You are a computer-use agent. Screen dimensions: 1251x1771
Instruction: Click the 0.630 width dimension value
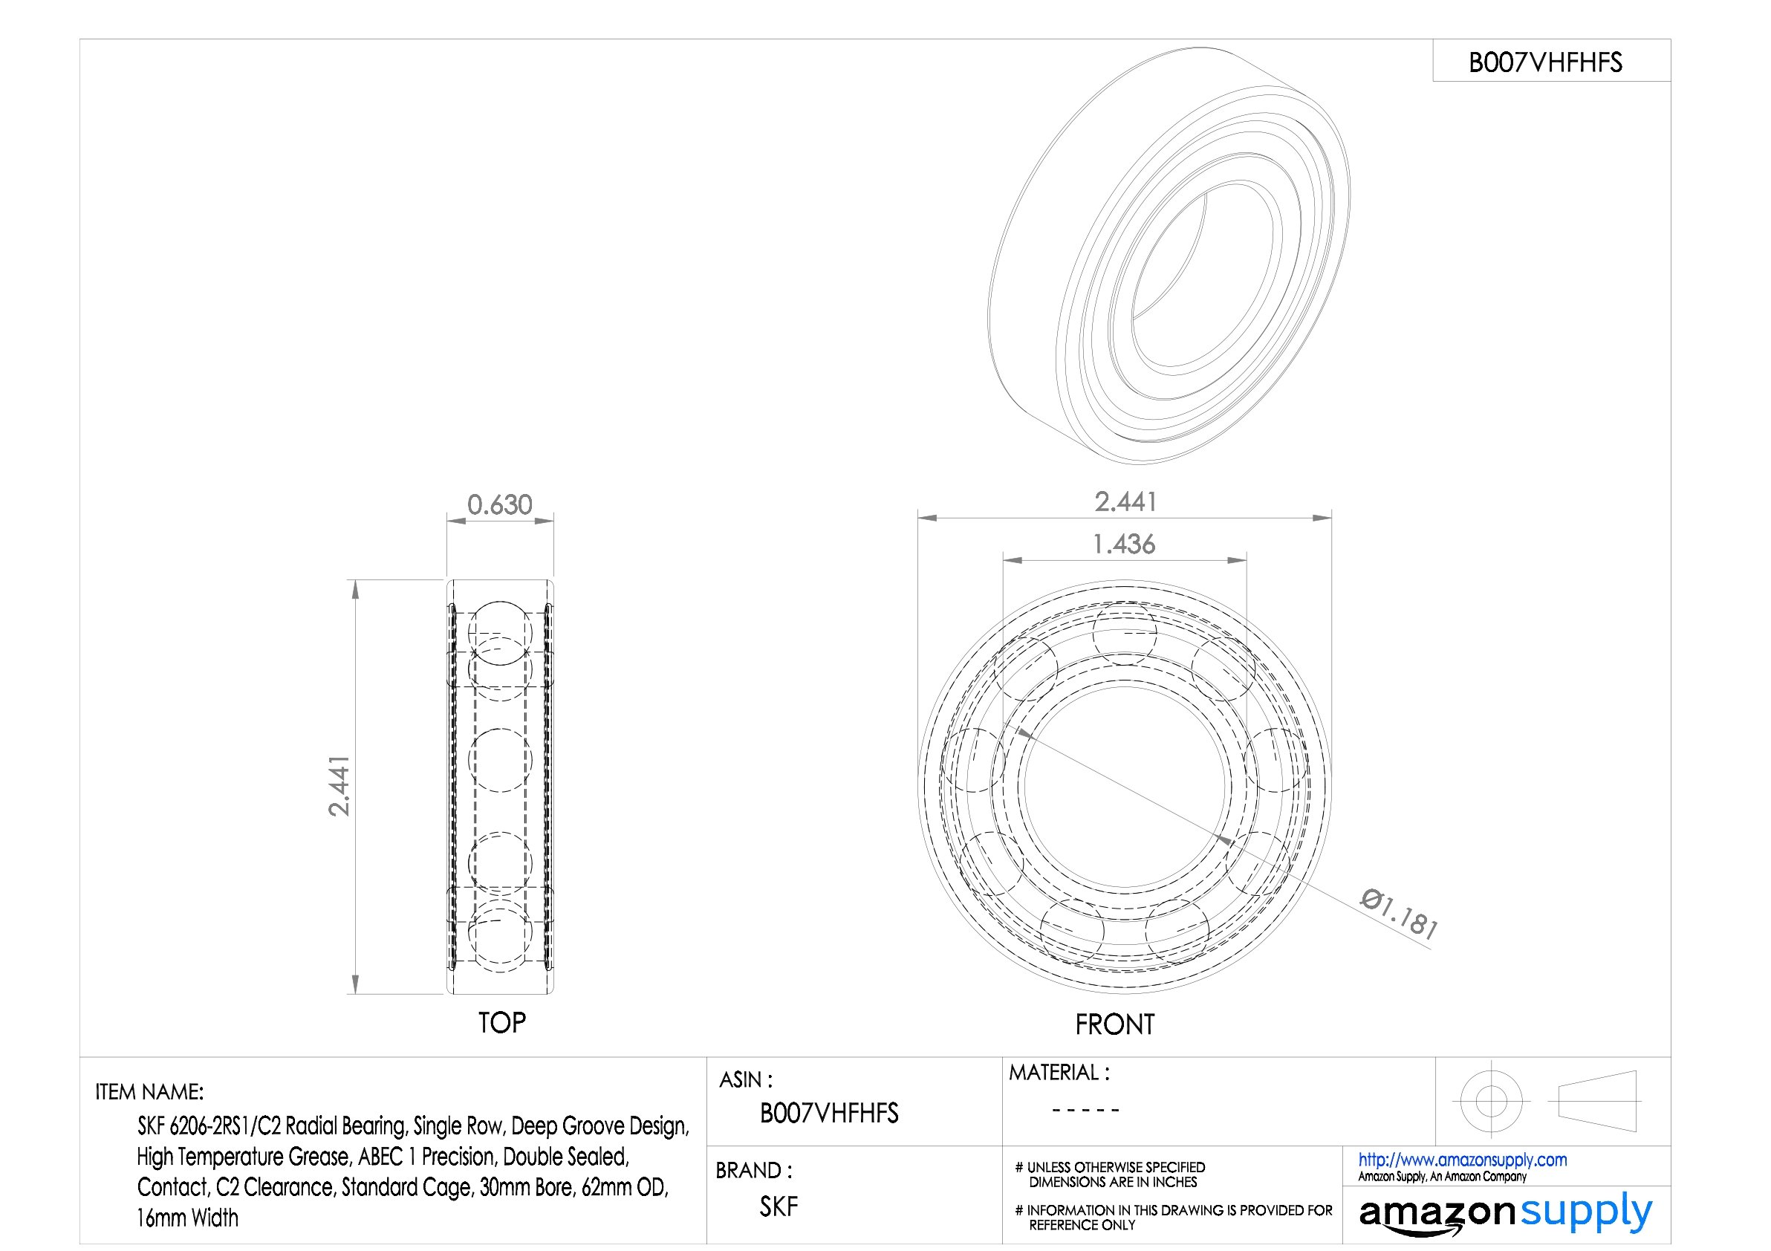point(499,505)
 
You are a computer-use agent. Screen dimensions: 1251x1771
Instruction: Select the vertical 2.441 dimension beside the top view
point(339,786)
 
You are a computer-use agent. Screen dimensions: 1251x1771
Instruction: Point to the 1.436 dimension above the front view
point(1124,545)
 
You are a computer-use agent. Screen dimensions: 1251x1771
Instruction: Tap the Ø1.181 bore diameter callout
point(1398,914)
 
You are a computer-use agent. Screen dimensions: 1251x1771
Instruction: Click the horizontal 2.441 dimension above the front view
point(1125,502)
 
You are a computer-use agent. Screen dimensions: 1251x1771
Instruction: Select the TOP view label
point(501,1023)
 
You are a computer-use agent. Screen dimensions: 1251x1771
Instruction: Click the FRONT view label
point(1114,1024)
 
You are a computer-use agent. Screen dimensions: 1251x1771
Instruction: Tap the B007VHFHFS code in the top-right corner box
point(1545,62)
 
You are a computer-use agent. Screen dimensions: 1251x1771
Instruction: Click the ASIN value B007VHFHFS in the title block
point(829,1113)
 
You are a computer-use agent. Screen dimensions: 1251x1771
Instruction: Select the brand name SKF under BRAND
point(779,1206)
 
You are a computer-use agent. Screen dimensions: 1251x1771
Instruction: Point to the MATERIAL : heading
point(1059,1072)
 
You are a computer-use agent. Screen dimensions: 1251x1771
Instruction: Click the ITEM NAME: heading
point(149,1091)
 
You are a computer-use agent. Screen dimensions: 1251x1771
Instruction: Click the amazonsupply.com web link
point(1462,1159)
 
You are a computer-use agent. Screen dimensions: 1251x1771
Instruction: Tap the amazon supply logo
point(1505,1213)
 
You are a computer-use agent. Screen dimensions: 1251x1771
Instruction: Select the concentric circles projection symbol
point(1491,1101)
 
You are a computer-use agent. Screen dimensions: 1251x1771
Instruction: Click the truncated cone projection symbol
point(1597,1101)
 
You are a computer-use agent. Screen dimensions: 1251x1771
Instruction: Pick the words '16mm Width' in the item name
point(187,1218)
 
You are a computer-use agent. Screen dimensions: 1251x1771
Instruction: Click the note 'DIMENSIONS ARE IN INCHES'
point(1113,1182)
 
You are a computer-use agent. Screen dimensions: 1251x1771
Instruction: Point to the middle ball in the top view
point(500,760)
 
